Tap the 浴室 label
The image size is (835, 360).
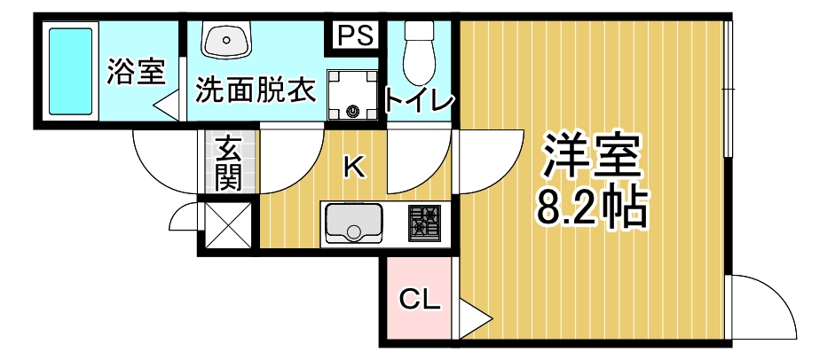136,72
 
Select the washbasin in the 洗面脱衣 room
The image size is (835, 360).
227,41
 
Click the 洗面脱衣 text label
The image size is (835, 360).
256,90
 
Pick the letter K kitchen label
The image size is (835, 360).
354,166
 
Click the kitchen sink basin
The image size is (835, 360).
352,223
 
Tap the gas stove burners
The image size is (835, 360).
425,222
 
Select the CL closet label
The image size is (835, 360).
418,301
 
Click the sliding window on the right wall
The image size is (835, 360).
728,89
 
